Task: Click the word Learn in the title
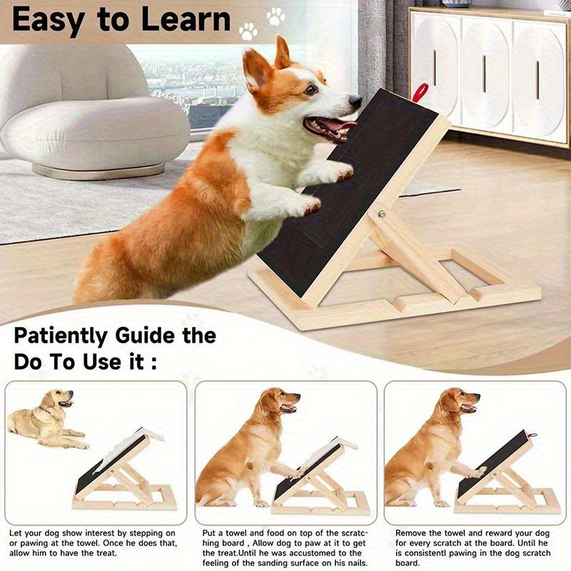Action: (186, 19)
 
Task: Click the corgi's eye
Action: (310, 89)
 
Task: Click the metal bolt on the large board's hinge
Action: (381, 214)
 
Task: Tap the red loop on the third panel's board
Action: (533, 435)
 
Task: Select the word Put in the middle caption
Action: (209, 533)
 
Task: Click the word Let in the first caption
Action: (16, 533)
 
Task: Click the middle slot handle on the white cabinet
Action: (484, 79)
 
